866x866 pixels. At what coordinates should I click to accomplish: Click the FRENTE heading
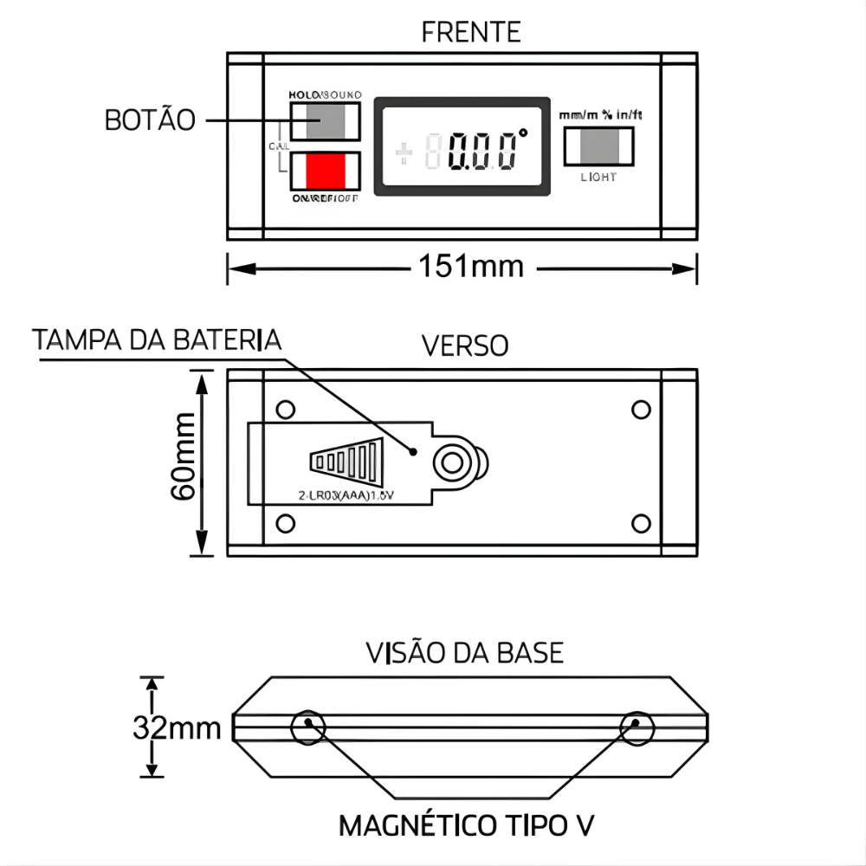coord(471,32)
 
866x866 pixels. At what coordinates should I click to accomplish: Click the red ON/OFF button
coord(325,171)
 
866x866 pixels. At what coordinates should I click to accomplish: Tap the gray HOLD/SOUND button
coord(325,120)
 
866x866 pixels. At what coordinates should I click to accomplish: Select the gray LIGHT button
coord(598,145)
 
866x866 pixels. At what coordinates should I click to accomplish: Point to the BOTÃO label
coord(150,120)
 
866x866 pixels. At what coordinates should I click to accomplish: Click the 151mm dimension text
coord(473,266)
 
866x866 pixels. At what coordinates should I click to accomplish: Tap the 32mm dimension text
coord(178,727)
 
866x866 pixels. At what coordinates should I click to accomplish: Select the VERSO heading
coord(465,346)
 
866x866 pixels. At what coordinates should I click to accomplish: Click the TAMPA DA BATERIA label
coord(158,339)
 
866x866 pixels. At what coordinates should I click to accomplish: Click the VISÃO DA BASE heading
coord(465,651)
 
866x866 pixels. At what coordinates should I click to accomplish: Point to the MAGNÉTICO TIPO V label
coord(467,825)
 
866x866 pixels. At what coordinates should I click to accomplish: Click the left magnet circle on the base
coord(308,727)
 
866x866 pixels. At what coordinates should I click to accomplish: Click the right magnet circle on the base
coord(637,727)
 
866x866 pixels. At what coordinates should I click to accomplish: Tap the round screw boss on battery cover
coord(451,463)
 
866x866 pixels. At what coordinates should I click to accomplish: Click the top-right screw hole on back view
coord(641,408)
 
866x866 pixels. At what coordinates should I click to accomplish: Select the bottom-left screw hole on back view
coord(283,522)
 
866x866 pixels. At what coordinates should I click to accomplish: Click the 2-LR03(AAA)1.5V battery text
coord(340,496)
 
